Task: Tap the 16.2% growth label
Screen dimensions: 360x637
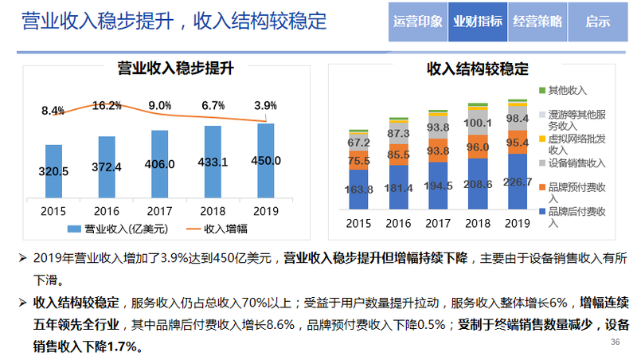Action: pyautogui.click(x=107, y=105)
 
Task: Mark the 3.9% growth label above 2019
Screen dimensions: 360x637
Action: pyautogui.click(x=266, y=105)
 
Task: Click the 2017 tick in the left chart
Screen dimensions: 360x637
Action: pyautogui.click(x=160, y=210)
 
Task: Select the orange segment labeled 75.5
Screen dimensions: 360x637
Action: pyautogui.click(x=359, y=160)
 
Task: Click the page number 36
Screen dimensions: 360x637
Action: pyautogui.click(x=614, y=342)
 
